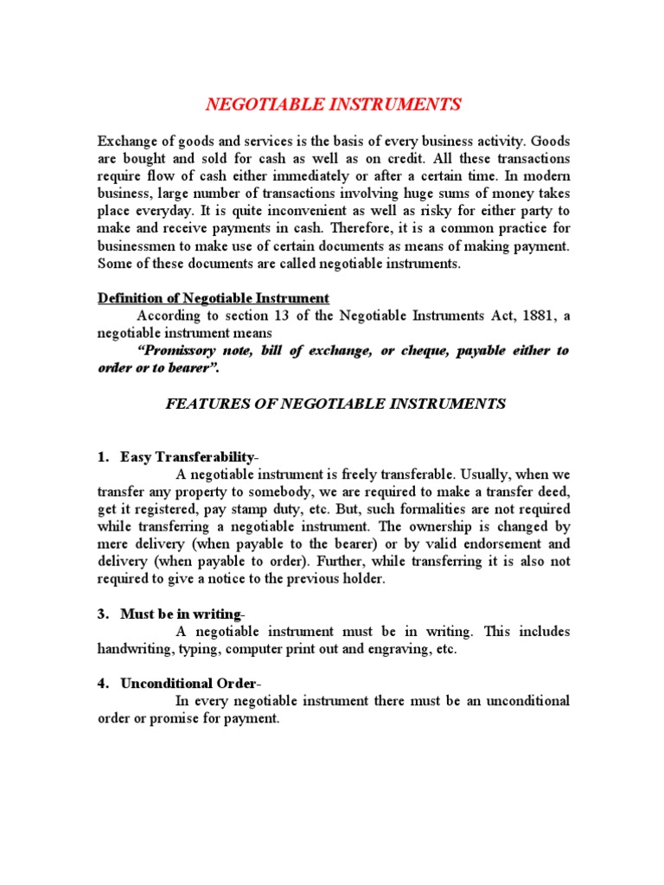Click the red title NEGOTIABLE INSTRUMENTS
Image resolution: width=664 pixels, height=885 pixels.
(x=333, y=105)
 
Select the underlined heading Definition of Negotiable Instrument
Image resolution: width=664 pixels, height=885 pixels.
(x=213, y=298)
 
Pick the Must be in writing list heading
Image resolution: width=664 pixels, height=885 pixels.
(x=181, y=614)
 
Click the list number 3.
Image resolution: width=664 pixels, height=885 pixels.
(x=102, y=614)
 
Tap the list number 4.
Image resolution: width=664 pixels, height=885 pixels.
(x=102, y=684)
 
